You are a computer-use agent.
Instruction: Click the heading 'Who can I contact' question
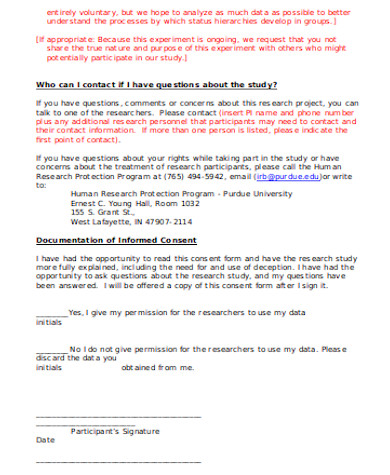coord(156,85)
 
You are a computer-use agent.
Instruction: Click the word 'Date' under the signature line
coord(45,439)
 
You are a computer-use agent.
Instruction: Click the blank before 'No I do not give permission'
coord(52,348)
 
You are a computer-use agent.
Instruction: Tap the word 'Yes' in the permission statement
coord(75,312)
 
